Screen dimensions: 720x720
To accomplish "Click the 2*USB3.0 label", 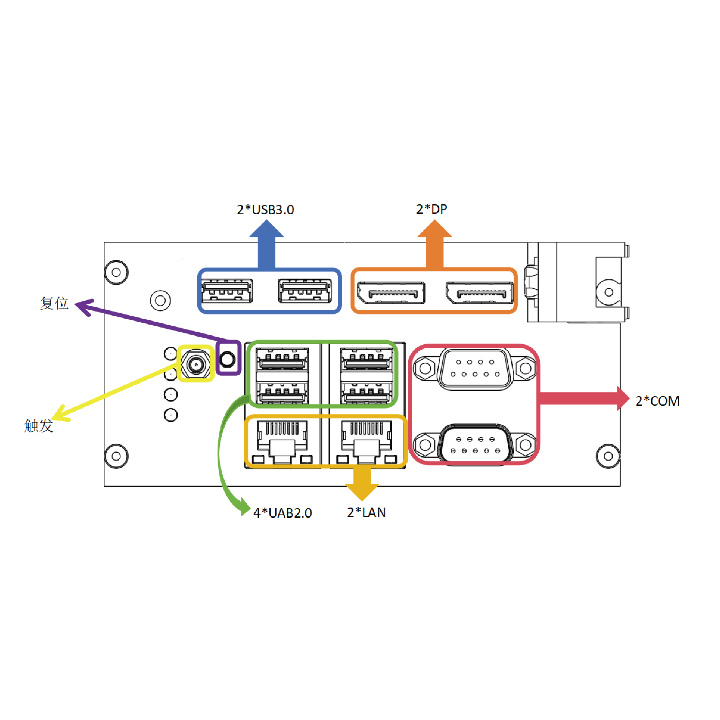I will pyautogui.click(x=265, y=210).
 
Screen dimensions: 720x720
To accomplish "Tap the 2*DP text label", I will pyautogui.click(x=431, y=209).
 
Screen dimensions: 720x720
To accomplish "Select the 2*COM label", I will pyautogui.click(x=657, y=401).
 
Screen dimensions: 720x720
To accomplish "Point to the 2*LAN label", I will pyautogui.click(x=366, y=512).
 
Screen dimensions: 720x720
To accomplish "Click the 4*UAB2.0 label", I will pyautogui.click(x=282, y=513).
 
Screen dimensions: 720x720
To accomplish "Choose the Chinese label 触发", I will pyautogui.click(x=39, y=426).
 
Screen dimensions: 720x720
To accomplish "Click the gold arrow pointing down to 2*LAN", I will pyautogui.click(x=362, y=483).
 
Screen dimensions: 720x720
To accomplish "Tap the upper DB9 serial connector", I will pyautogui.click(x=475, y=369).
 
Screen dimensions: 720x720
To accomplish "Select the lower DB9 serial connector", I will pyautogui.click(x=475, y=445).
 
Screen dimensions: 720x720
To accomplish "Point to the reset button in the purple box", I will pyautogui.click(x=228, y=359).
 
